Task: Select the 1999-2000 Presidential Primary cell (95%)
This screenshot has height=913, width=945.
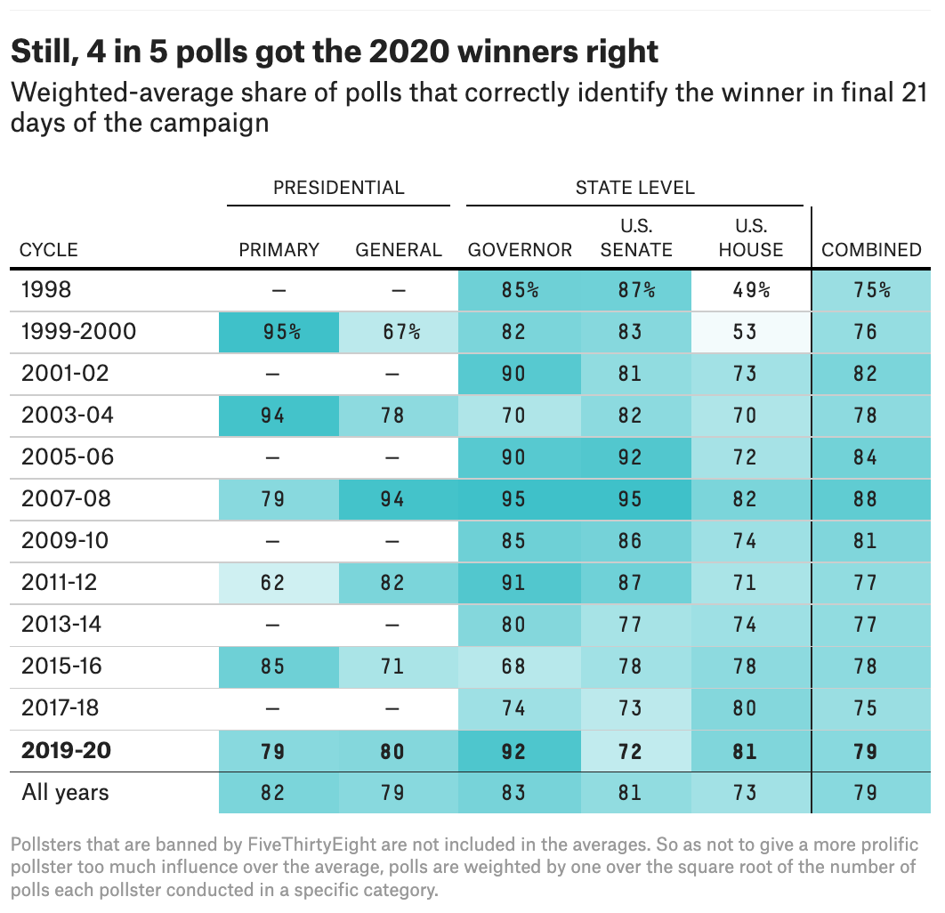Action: point(279,332)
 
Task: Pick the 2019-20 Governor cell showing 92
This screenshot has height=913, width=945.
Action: point(514,751)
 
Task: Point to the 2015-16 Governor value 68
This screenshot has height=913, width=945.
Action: point(514,667)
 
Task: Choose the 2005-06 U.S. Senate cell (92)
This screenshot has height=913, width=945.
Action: point(630,457)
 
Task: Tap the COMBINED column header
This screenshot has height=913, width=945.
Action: point(871,250)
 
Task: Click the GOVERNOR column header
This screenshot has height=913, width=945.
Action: point(520,250)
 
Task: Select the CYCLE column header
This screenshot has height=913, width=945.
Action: point(49,250)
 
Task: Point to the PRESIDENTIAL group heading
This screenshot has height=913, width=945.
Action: point(338,188)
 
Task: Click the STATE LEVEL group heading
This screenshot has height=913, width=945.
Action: point(634,188)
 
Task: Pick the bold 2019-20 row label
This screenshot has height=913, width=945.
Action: point(66,751)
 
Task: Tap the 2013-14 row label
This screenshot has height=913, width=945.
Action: point(66,625)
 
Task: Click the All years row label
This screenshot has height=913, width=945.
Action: point(65,792)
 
